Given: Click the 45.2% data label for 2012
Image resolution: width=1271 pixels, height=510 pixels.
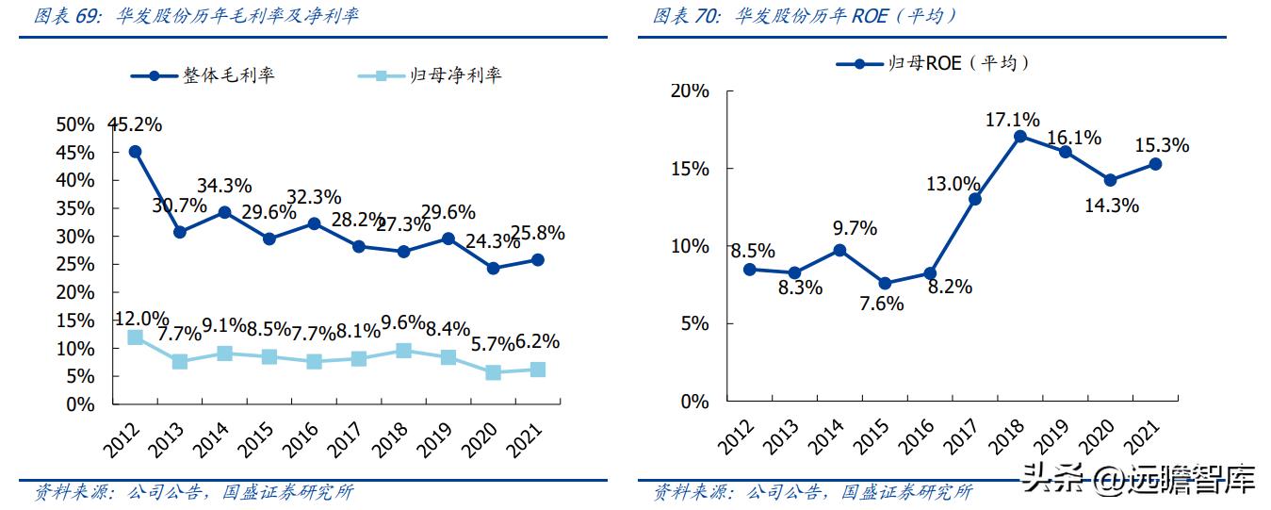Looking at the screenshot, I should point(136,124).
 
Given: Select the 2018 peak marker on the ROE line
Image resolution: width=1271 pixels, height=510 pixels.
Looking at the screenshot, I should point(1020,136).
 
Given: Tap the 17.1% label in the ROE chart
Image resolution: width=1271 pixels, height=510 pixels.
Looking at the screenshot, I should point(1012,120).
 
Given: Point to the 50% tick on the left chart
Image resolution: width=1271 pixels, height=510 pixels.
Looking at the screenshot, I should point(75,124).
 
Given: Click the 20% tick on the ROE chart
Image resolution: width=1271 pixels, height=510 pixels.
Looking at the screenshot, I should point(690,90).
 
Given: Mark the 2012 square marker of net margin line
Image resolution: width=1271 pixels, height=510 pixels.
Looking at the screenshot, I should point(135,337).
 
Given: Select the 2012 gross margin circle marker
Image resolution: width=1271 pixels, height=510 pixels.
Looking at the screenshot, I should point(135,151).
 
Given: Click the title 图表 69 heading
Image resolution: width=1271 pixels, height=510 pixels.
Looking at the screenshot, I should point(196,16).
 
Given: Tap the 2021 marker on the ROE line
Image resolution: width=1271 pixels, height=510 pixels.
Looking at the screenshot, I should point(1155,164).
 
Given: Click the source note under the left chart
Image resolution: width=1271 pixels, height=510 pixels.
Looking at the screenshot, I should point(193,492).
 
